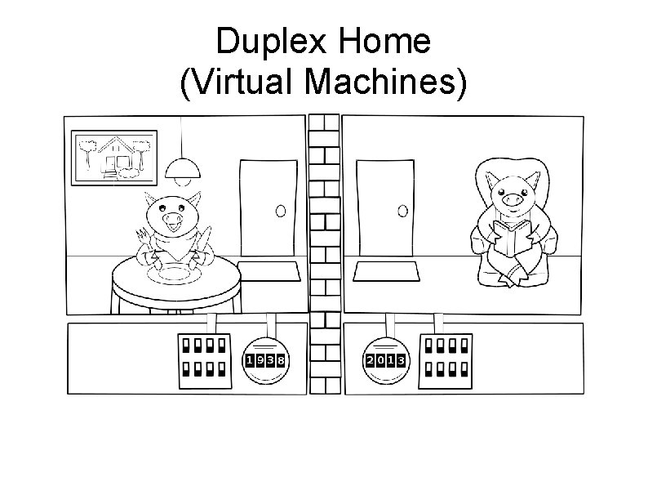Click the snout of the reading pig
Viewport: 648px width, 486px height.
[512, 198]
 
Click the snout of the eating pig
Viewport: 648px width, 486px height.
[174, 220]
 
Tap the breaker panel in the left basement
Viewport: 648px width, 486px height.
[203, 359]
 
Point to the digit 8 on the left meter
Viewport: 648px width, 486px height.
[280, 360]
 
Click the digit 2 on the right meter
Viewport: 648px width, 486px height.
[371, 360]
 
